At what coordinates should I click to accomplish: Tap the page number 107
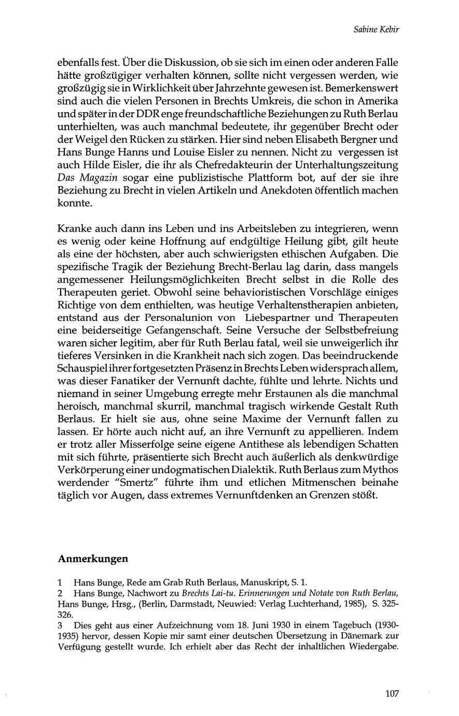[x=393, y=693]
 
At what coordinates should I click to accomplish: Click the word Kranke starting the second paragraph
[x=74, y=229]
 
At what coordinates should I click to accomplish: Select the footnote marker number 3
[x=61, y=624]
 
